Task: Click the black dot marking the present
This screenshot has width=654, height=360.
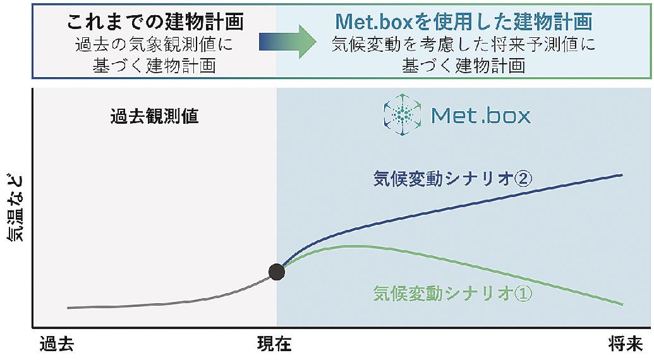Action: tap(277, 272)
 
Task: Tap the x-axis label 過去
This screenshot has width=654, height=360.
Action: tap(57, 345)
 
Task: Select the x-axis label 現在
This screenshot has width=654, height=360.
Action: tap(274, 345)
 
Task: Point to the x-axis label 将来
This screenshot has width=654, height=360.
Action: tap(626, 345)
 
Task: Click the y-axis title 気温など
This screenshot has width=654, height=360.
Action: tap(16, 208)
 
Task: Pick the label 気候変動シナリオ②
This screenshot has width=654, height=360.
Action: tap(452, 179)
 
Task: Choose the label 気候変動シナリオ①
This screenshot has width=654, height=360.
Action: tap(452, 293)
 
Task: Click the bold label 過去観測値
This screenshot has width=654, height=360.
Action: tap(154, 117)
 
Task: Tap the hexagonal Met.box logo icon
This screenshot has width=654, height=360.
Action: tap(403, 114)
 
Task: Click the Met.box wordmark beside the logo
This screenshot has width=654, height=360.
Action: tap(481, 116)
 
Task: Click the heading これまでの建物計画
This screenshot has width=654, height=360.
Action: tap(155, 21)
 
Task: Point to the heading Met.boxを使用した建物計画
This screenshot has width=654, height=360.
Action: tap(463, 21)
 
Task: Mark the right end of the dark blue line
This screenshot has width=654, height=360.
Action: tap(622, 175)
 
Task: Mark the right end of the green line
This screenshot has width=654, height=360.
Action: tap(622, 304)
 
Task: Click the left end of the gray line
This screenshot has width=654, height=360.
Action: tap(68, 308)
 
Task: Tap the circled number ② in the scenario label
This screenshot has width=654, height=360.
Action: tap(524, 179)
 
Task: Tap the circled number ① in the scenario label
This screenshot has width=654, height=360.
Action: tap(524, 293)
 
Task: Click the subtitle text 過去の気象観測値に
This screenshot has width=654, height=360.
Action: tap(154, 45)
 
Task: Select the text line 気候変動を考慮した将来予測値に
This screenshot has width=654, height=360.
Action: tap(463, 45)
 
